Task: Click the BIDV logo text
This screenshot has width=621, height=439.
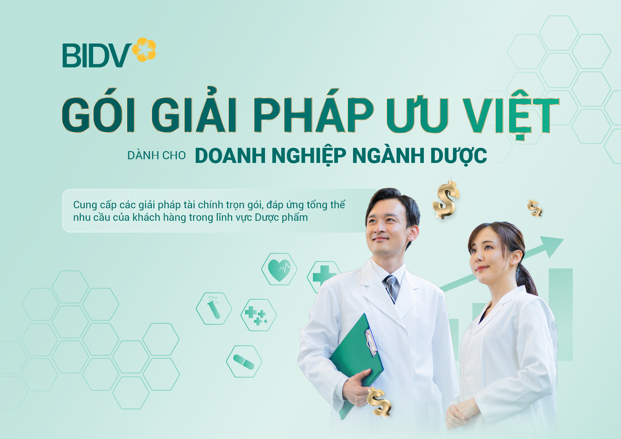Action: pyautogui.click(x=97, y=56)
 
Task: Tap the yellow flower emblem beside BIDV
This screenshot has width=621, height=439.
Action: pyautogui.click(x=144, y=49)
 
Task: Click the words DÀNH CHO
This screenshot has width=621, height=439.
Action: pyautogui.click(x=156, y=156)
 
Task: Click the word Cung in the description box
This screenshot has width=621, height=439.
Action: pyautogui.click(x=85, y=205)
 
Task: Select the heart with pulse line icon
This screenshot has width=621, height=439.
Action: pyautogui.click(x=279, y=269)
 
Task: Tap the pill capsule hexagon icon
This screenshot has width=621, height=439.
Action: pyautogui.click(x=244, y=362)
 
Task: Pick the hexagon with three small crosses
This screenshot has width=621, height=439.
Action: pyautogui.click(x=258, y=315)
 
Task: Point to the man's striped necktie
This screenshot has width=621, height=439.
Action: pyautogui.click(x=391, y=287)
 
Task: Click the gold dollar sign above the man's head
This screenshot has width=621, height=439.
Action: pyautogui.click(x=446, y=200)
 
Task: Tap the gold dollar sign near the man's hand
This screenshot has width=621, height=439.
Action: pyautogui.click(x=379, y=402)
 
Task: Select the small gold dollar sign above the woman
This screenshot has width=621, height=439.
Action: pyautogui.click(x=534, y=208)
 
